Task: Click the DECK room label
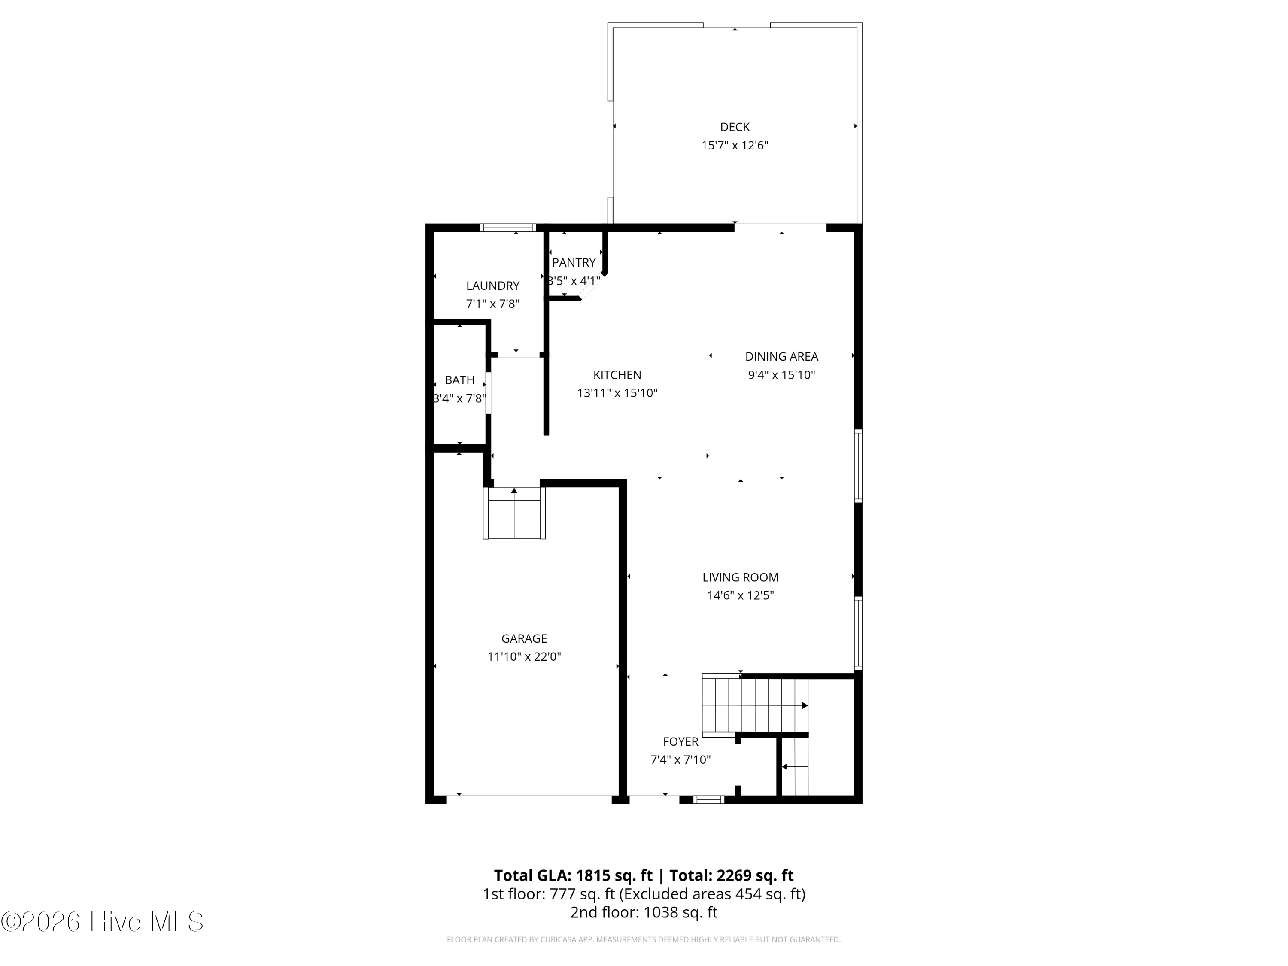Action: click(735, 127)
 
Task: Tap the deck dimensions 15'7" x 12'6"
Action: click(735, 146)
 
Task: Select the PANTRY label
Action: click(574, 263)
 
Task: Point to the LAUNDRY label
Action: click(492, 286)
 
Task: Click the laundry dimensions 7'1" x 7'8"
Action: click(492, 304)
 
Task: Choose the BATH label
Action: click(459, 380)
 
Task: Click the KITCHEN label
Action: click(617, 375)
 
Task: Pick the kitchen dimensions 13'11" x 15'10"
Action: click(617, 393)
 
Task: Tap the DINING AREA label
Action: click(781, 356)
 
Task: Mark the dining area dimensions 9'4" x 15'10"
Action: click(781, 375)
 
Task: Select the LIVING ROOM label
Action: click(740, 577)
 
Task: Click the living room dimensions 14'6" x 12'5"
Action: click(740, 595)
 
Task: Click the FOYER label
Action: click(680, 742)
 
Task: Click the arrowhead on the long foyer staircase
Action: click(805, 706)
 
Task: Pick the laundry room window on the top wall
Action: click(508, 228)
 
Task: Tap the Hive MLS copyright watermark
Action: click(103, 922)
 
